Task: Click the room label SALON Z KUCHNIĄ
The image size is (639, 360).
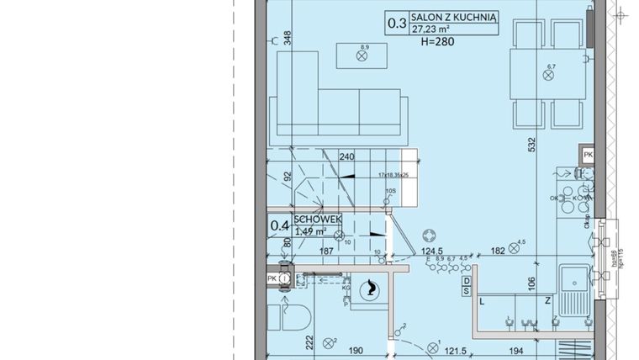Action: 455,15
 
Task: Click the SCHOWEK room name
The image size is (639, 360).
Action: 318,218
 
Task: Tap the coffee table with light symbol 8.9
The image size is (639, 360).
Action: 363,56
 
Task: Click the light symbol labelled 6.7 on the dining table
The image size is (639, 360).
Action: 550,74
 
